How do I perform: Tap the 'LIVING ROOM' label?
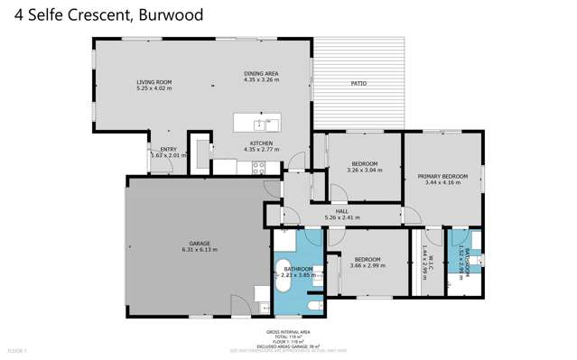154,82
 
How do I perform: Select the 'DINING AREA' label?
261,73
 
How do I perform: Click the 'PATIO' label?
358,84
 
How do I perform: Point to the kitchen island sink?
259,125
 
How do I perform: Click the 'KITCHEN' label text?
261,143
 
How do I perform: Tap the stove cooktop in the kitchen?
257,166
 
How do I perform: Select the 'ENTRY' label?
168,150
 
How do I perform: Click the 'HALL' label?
341,211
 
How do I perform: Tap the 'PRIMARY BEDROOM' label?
442,177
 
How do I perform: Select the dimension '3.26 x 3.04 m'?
364,170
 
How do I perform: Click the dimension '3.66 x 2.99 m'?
368,266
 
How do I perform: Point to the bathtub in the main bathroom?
284,287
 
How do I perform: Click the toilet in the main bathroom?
312,307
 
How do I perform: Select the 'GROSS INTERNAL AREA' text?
297,331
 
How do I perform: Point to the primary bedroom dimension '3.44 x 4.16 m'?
442,183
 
